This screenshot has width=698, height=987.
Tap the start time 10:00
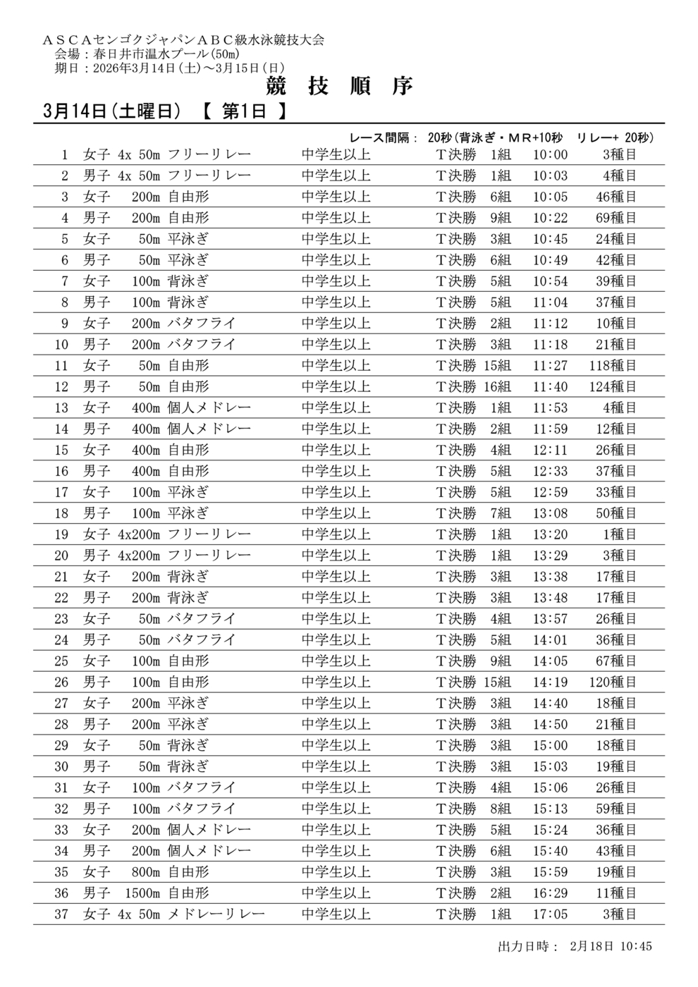point(550,154)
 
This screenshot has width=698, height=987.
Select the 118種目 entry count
point(613,365)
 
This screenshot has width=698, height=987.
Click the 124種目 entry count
point(613,386)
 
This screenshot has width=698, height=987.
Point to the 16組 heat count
point(497,386)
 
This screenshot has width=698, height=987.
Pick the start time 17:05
point(550,914)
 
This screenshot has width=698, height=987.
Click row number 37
point(61,914)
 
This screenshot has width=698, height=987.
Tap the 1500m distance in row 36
point(142,893)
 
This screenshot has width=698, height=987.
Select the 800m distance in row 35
point(146,872)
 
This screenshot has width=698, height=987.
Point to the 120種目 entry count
point(613,682)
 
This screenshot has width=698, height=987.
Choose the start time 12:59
point(550,492)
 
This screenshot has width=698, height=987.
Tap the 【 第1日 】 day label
point(244,111)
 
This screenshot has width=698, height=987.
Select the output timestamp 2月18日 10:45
point(610,945)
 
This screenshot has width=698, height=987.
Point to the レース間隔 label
point(384,137)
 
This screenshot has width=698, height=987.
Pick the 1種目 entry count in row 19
point(619,534)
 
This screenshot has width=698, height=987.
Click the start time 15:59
point(550,872)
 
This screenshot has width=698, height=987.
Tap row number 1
point(65,154)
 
